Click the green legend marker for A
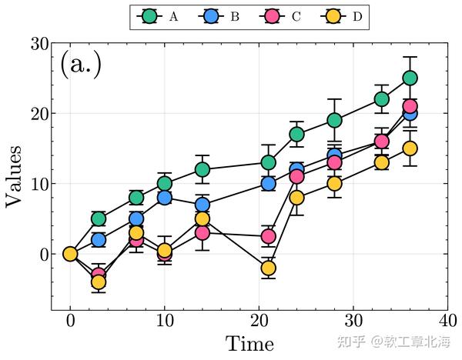[x=150, y=15]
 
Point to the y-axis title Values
[x=15, y=177]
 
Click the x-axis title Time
[x=249, y=343]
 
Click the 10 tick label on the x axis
[x=164, y=320]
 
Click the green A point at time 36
[x=410, y=78]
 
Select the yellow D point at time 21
[x=268, y=268]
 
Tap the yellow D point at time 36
[x=410, y=148]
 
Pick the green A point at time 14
[x=202, y=169]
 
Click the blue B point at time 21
[x=268, y=183]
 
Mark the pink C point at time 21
[x=268, y=236]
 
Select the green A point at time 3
[x=99, y=218]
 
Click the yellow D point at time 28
[x=334, y=183]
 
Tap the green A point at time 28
[x=334, y=120]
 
